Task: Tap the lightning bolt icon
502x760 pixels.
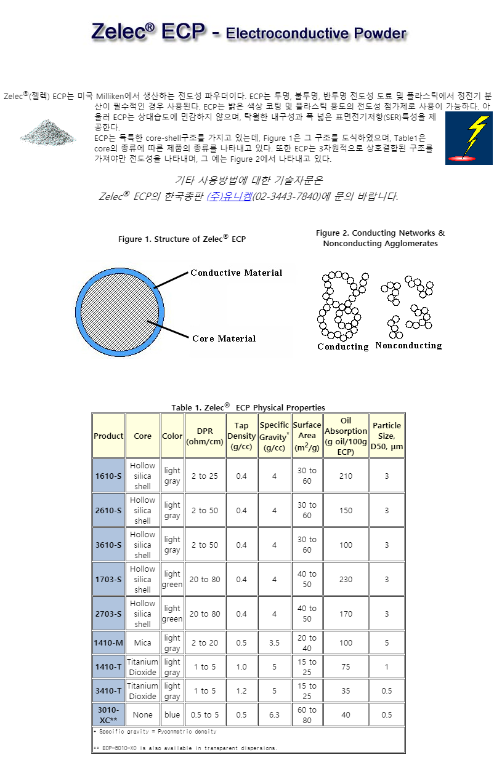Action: (469, 138)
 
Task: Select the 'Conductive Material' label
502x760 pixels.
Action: (236, 273)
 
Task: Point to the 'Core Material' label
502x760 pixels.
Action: (224, 338)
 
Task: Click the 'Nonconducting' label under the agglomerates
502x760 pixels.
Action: (408, 346)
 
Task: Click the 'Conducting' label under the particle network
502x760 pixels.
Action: (342, 346)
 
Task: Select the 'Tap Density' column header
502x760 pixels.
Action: (241, 436)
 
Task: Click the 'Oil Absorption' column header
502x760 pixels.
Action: (346, 436)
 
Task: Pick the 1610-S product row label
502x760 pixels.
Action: (108, 476)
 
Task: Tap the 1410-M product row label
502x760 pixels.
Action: (108, 643)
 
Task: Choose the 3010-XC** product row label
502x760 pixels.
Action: (108, 714)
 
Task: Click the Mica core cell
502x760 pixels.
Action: (142, 643)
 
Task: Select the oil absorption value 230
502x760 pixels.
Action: (346, 579)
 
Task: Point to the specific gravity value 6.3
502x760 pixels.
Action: (274, 714)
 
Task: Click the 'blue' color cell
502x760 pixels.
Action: (172, 714)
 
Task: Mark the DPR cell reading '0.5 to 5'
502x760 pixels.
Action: (204, 714)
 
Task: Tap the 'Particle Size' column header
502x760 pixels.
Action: (387, 436)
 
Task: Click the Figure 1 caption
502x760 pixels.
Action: (182, 239)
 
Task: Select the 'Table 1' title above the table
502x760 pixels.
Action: (248, 407)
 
